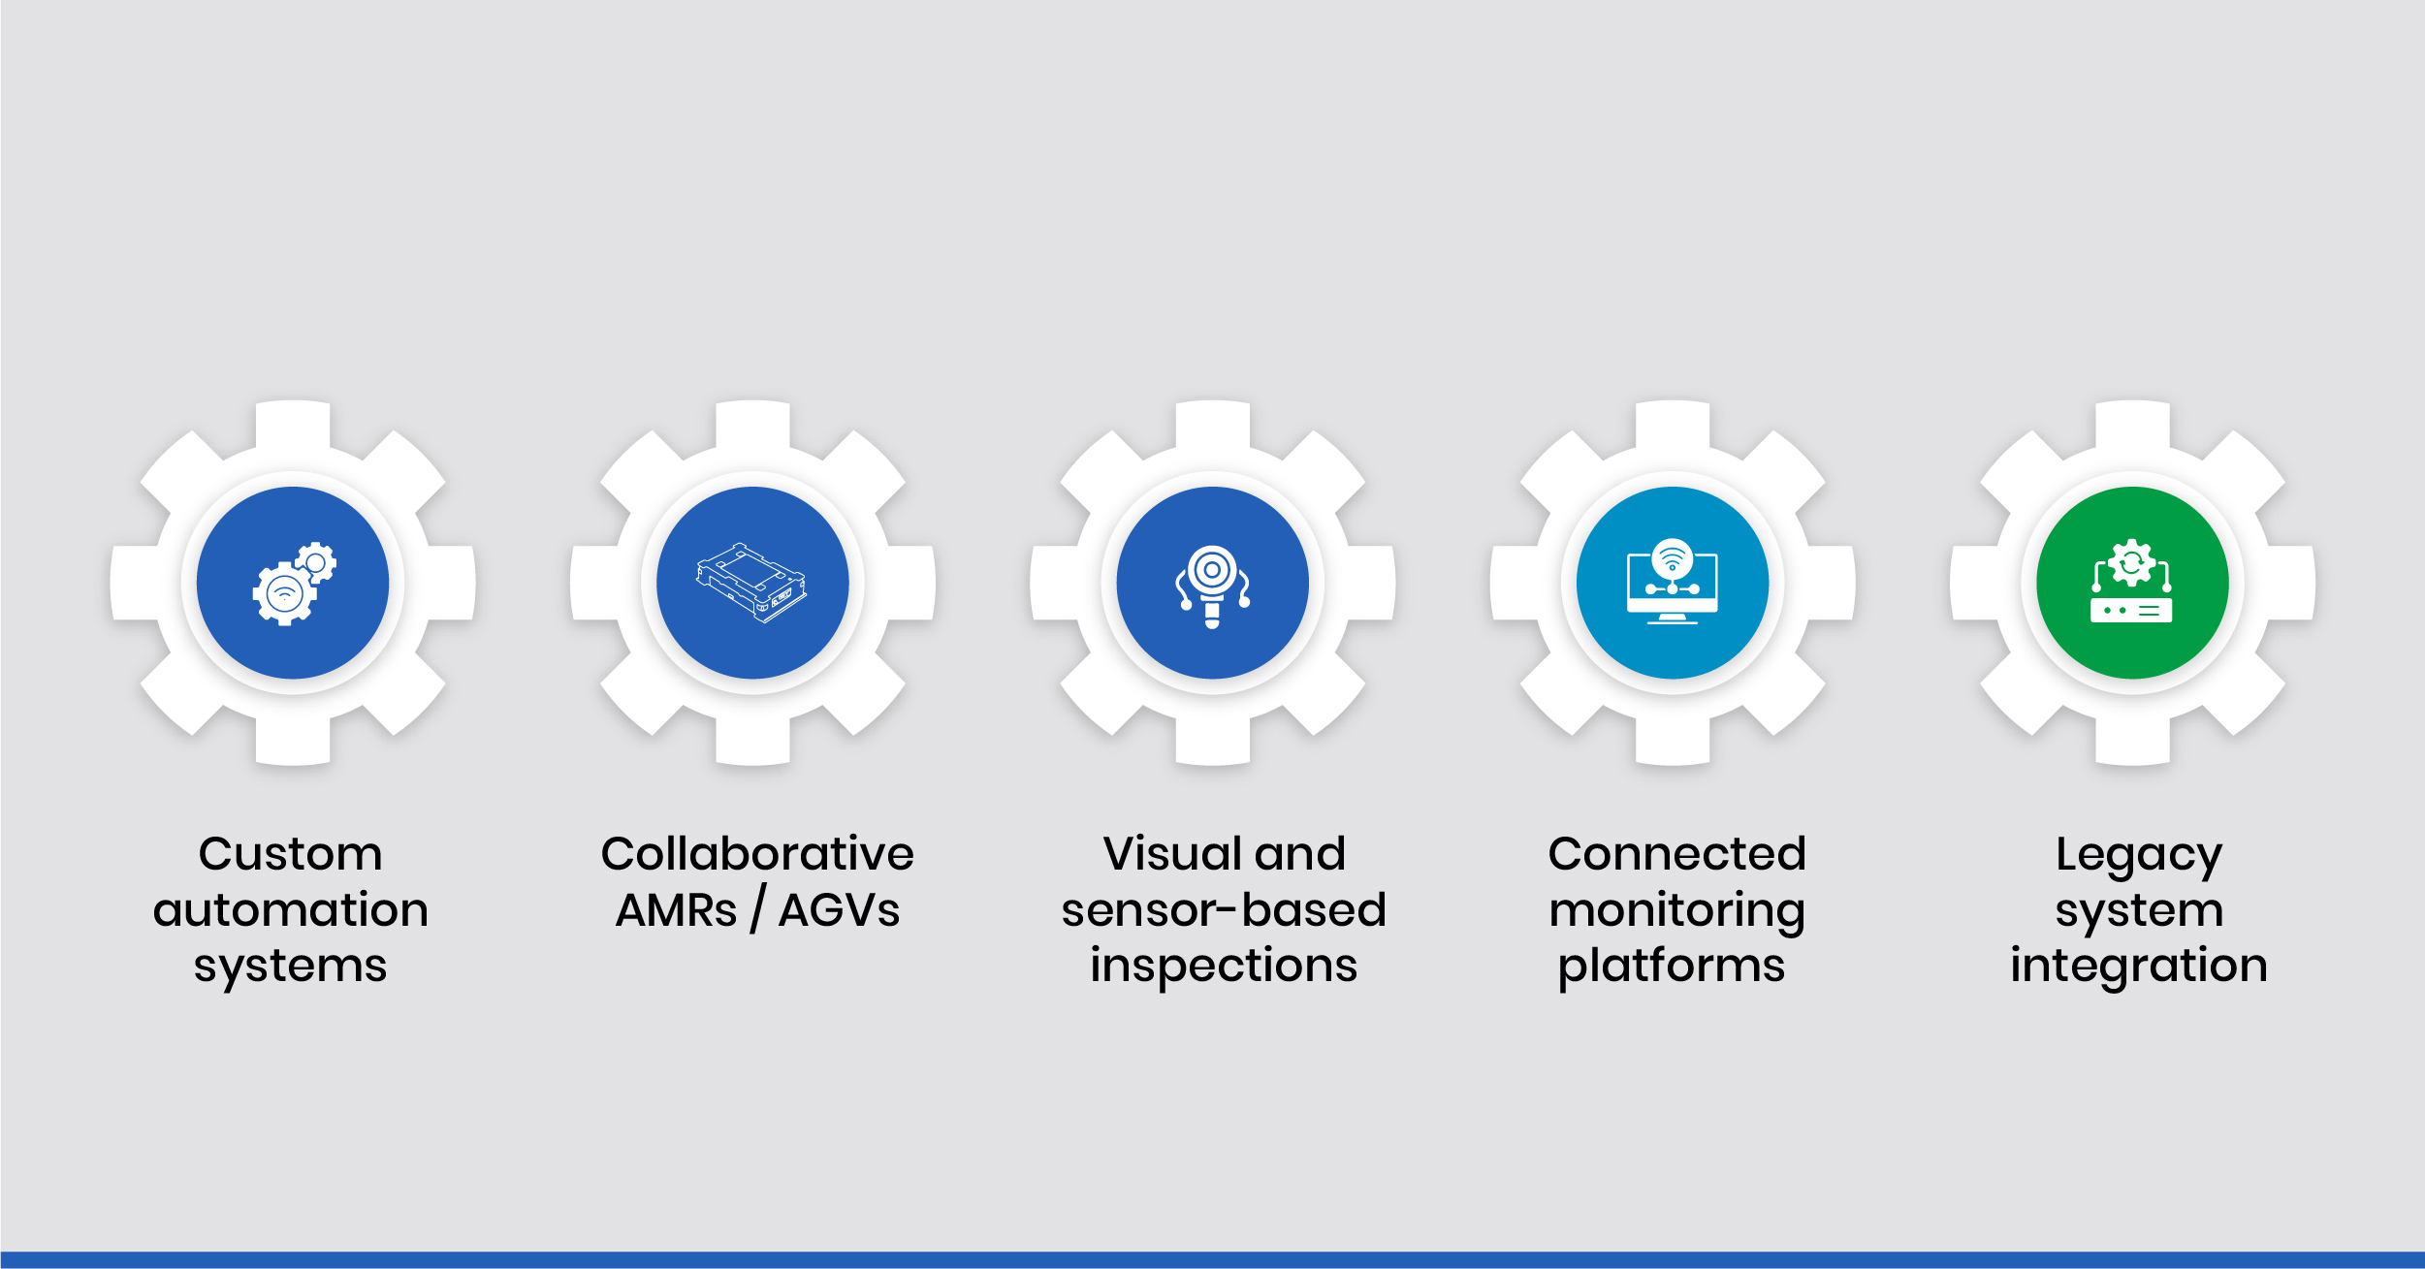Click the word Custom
(x=290, y=854)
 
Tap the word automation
(x=290, y=910)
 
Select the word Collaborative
(x=757, y=854)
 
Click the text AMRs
(x=676, y=910)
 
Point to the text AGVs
(x=839, y=910)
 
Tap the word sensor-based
(x=1224, y=910)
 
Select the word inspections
(x=1224, y=966)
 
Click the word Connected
(x=1676, y=854)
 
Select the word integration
(x=2139, y=967)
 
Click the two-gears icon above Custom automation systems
(x=293, y=583)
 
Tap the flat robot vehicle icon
(x=751, y=583)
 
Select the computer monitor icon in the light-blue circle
(x=1672, y=583)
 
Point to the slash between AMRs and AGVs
(x=757, y=910)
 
